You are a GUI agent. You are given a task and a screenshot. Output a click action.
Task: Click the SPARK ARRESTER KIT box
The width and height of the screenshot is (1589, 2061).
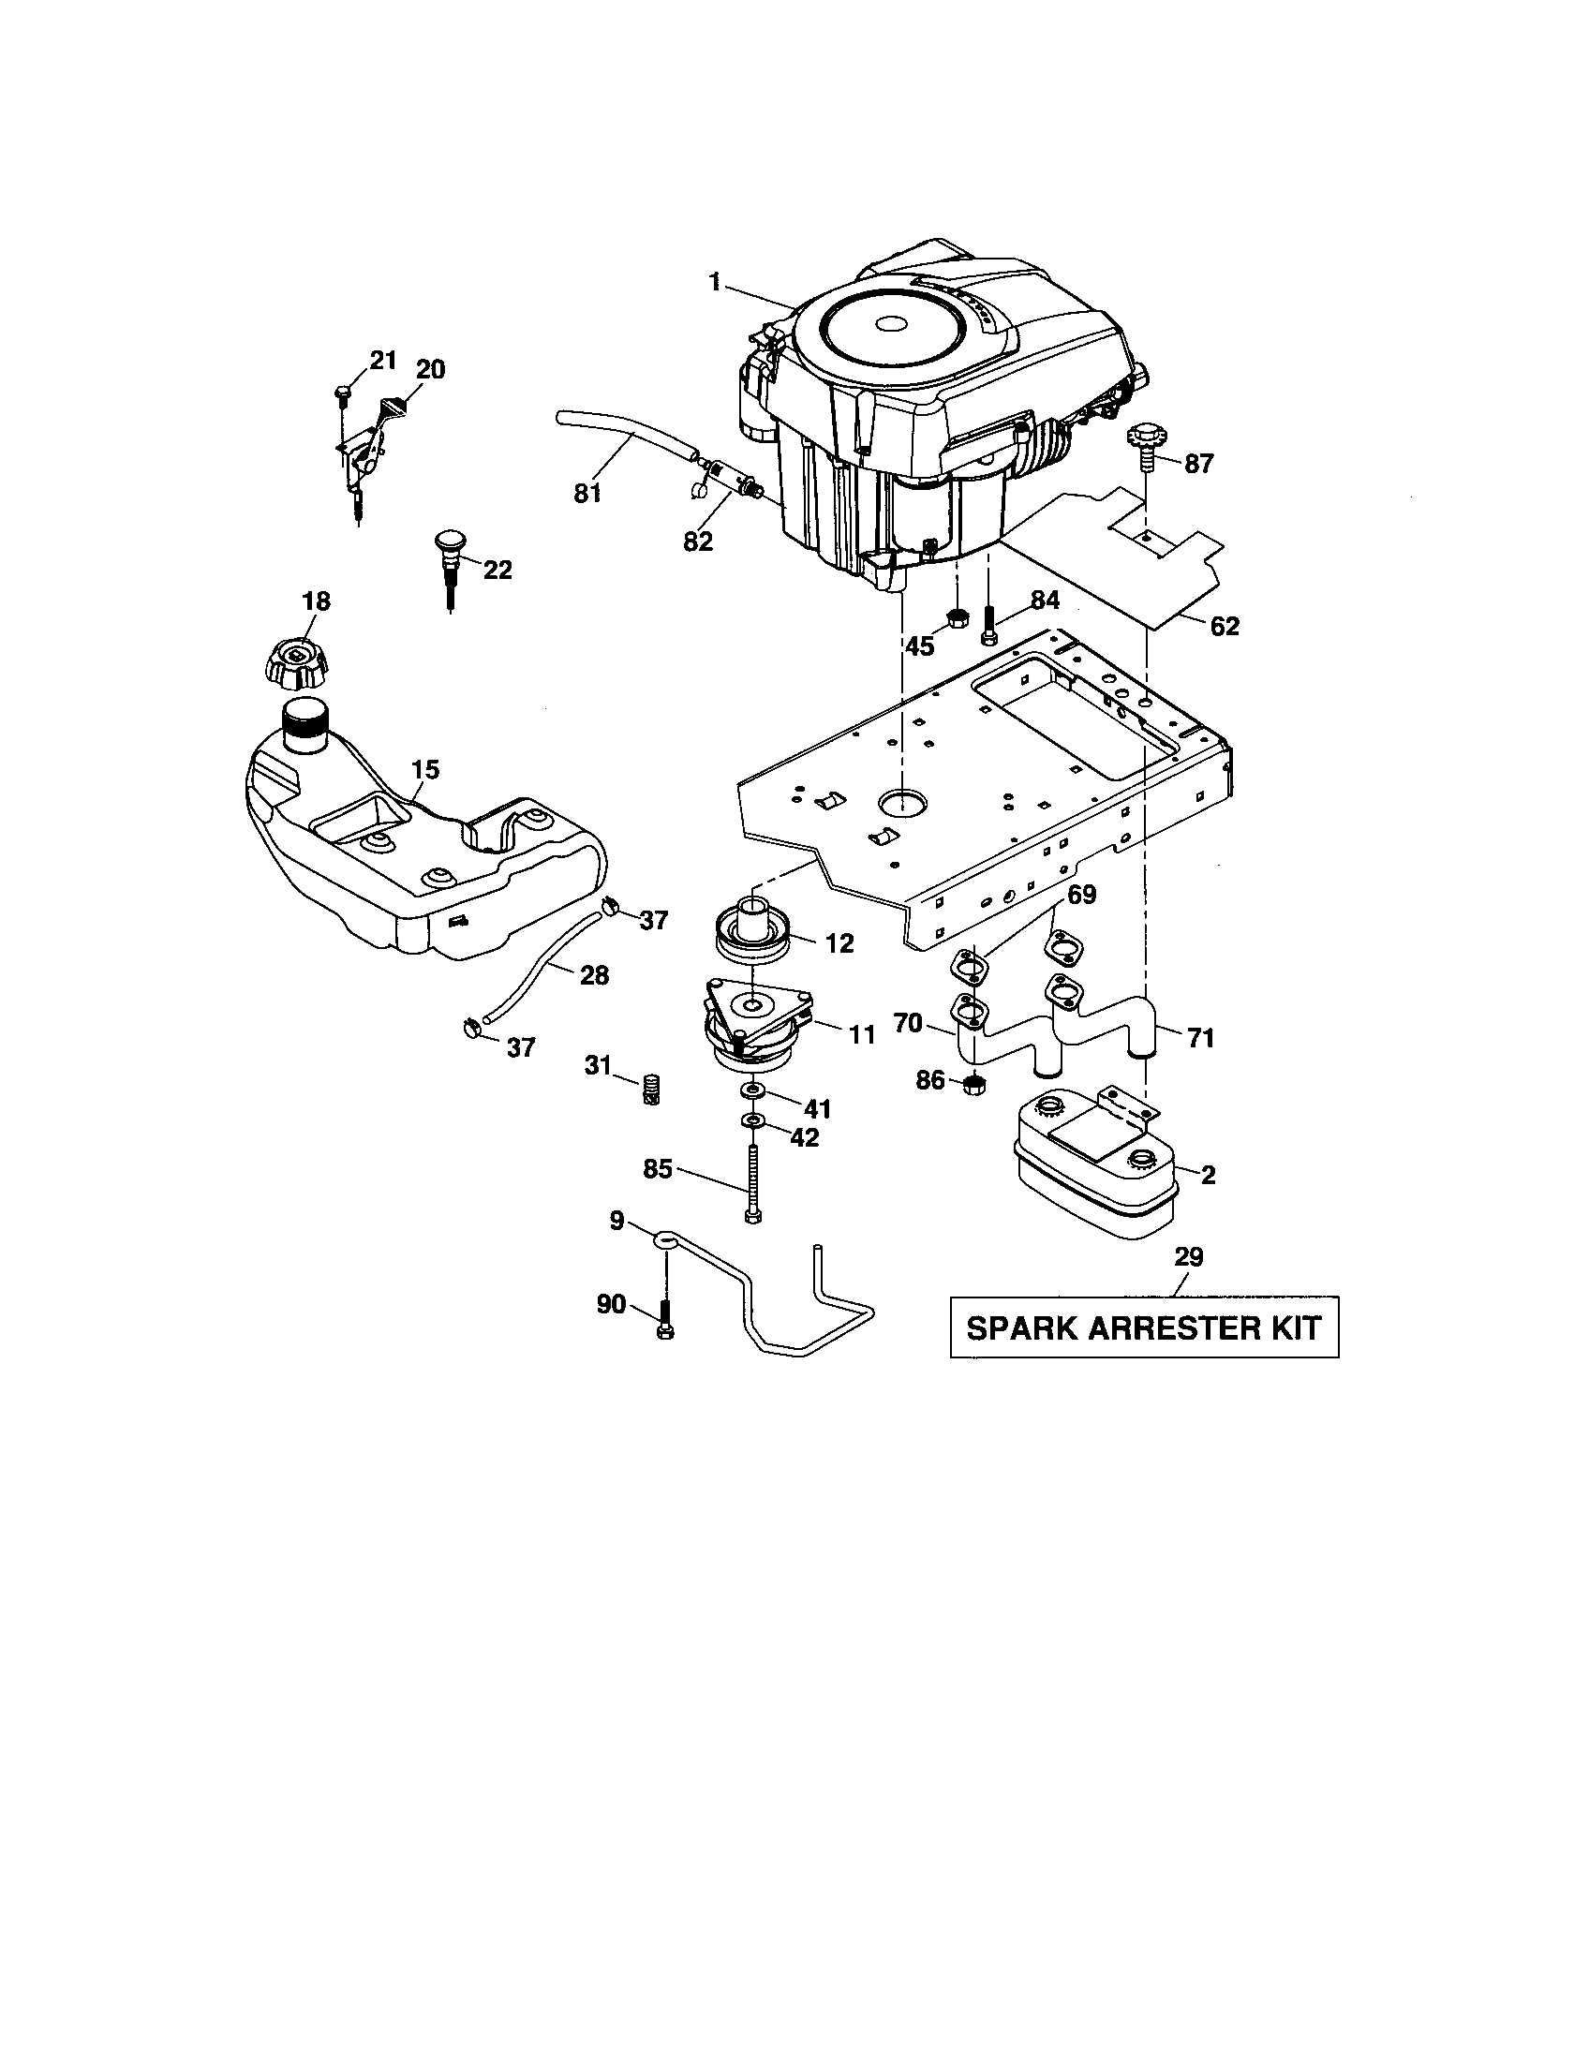coord(1144,1327)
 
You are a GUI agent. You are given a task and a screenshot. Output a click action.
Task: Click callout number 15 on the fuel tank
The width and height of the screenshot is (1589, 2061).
coord(425,769)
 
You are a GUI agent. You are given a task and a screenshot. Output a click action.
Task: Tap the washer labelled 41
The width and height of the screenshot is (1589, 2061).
coord(754,1090)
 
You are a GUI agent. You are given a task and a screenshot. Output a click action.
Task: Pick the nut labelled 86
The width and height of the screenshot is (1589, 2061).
coord(975,1084)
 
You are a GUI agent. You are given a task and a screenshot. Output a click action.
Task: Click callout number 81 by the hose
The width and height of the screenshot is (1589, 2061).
coord(587,493)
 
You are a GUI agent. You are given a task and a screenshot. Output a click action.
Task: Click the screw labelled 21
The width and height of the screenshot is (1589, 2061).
coord(343,390)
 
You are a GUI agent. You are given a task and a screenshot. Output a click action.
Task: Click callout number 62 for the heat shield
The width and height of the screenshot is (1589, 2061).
coord(1225,626)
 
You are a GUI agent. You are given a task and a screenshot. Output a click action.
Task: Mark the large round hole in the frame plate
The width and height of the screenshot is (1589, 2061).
coord(901,803)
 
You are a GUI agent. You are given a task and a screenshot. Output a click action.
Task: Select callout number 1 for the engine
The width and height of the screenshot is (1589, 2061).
coord(714,282)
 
